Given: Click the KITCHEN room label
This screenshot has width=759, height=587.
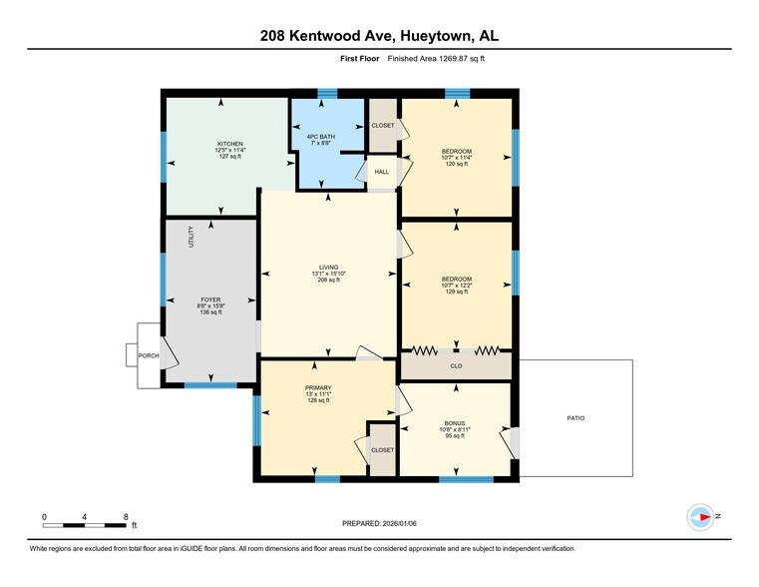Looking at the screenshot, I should tap(230, 144).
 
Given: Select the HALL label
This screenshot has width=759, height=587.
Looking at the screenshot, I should tap(382, 172).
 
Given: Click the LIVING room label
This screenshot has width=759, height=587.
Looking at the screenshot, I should tap(329, 267).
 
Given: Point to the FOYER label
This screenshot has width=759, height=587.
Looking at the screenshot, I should tap(210, 298).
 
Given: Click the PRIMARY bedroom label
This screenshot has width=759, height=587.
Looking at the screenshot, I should tap(318, 387).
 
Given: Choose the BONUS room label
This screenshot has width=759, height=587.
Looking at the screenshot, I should tap(455, 422).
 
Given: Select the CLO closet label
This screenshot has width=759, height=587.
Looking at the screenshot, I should tap(456, 366).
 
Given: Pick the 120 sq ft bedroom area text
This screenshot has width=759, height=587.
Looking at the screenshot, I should tap(455, 164).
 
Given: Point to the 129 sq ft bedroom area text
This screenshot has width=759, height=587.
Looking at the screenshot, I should tap(456, 292).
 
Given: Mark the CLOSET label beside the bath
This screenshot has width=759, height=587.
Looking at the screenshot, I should tap(383, 126).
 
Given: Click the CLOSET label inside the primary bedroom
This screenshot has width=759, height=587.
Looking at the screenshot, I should tap(382, 450).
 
